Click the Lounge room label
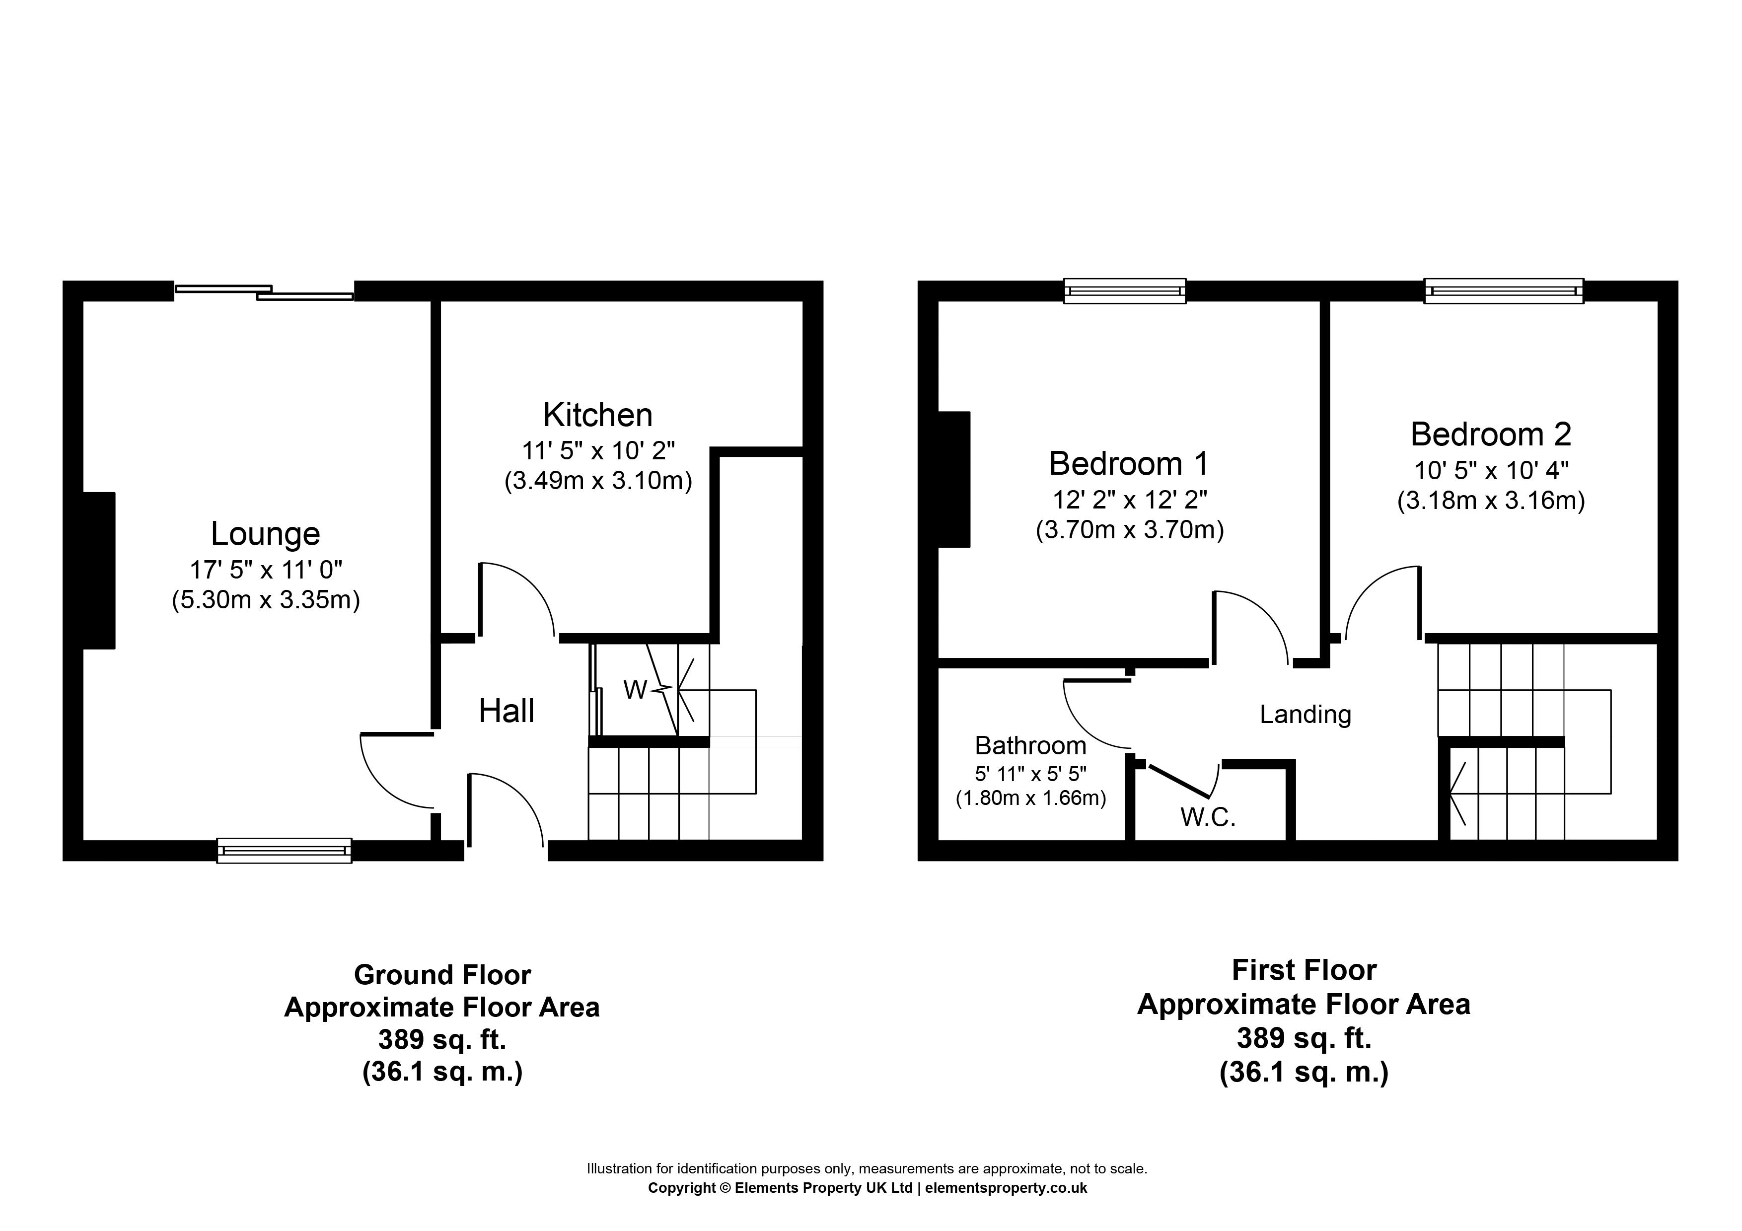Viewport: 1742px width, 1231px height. point(266,534)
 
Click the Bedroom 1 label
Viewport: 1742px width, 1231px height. point(1129,463)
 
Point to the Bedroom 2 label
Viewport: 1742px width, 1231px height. point(1491,434)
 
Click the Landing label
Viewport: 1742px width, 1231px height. point(1306,715)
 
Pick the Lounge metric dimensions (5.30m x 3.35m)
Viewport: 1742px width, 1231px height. point(266,600)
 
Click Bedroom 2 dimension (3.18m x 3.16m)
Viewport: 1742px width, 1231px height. point(1491,501)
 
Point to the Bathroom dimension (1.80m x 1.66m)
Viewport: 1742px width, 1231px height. point(1030,798)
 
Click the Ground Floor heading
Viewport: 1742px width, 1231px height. point(442,975)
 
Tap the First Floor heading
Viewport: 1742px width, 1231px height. point(1304,970)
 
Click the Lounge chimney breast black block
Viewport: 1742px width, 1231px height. point(99,571)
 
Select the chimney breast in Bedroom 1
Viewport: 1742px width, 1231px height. point(954,479)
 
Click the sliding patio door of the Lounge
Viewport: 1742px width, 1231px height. point(265,292)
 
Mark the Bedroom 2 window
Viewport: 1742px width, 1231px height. point(1504,291)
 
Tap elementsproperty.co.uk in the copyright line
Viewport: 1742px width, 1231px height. point(1006,1188)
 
